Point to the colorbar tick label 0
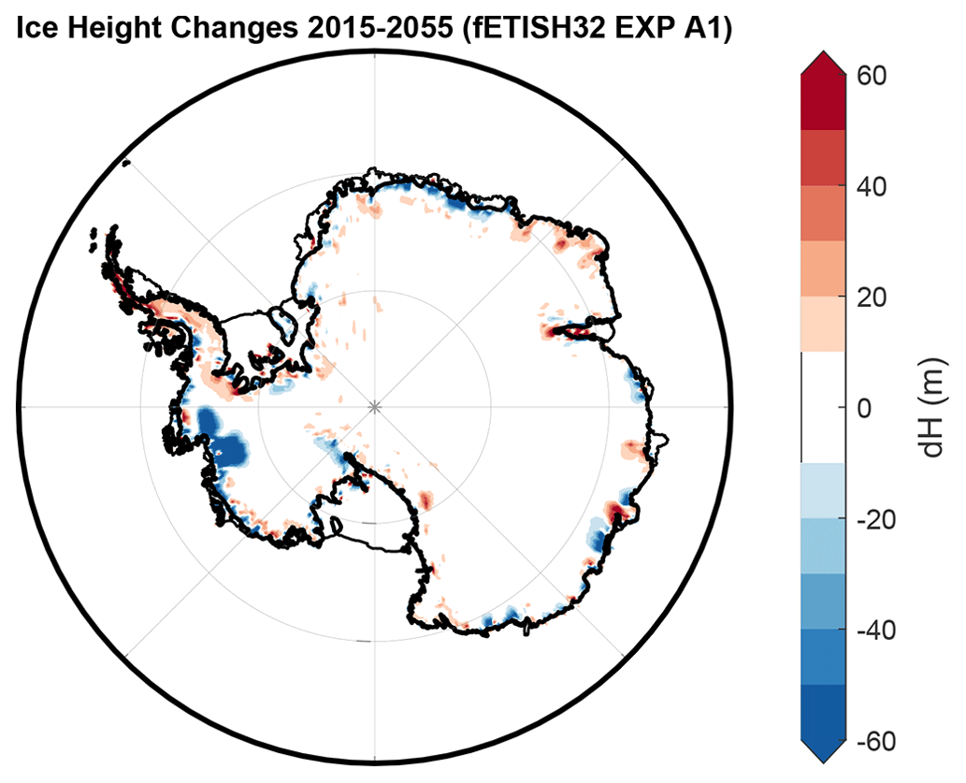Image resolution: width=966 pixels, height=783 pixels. tap(865, 408)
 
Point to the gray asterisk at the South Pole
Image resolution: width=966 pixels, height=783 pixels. tap(375, 407)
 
